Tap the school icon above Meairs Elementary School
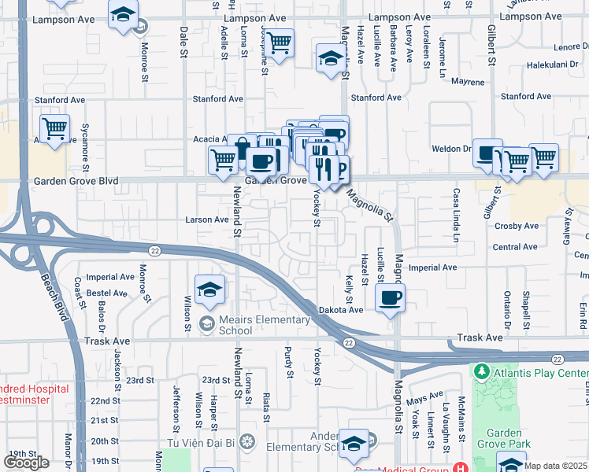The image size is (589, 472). point(209,290)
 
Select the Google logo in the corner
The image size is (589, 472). point(26,462)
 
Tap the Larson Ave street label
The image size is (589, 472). point(207,219)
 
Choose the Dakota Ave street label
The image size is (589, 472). point(341,310)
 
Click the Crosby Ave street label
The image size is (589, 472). point(517,226)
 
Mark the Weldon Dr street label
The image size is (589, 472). point(451,148)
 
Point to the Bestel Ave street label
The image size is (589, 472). point(107,293)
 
